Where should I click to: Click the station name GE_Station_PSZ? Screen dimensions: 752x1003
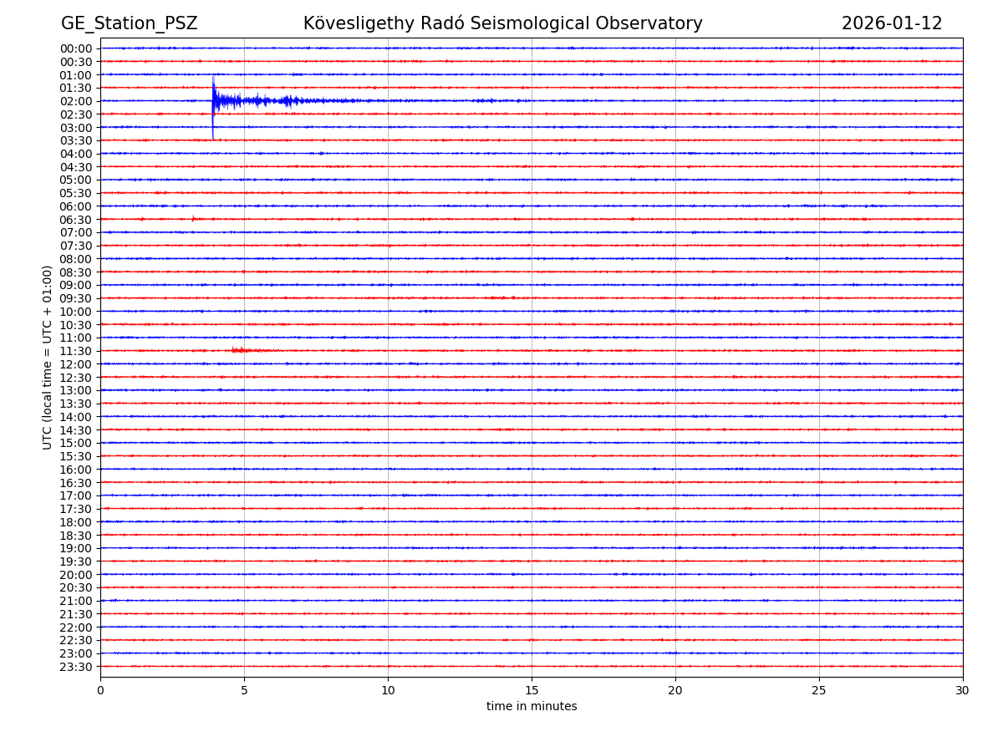coord(129,23)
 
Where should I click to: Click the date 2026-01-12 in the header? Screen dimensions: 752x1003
coord(891,23)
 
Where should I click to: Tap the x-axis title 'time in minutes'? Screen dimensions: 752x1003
coord(532,707)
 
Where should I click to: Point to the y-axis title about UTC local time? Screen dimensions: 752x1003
coord(48,357)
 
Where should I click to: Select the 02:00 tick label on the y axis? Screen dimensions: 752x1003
coord(75,101)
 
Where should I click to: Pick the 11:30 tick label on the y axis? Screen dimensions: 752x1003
coord(75,351)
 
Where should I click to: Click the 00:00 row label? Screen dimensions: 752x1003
coord(75,48)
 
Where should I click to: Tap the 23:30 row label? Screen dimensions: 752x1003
coord(75,667)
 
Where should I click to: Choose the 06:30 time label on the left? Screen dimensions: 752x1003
coord(75,220)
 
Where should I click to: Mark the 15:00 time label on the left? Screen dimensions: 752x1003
coord(75,443)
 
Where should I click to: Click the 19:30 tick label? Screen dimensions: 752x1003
coord(75,561)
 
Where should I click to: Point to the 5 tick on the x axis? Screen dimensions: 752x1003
coord(244,691)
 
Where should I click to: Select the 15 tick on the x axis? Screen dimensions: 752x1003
coord(532,691)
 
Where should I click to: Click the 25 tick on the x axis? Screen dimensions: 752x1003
coord(819,691)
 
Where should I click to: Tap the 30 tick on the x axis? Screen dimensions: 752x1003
coord(963,691)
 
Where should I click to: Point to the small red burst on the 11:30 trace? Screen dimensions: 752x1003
coord(242,350)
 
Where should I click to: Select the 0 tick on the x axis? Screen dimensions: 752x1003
coord(100,691)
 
